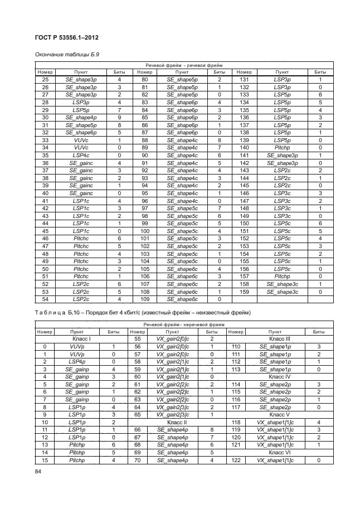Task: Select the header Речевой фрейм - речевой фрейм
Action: [184, 66]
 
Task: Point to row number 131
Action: [244, 80]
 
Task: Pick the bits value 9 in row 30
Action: [119, 118]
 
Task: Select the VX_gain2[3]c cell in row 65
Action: [177, 415]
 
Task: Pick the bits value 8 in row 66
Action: [212, 430]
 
